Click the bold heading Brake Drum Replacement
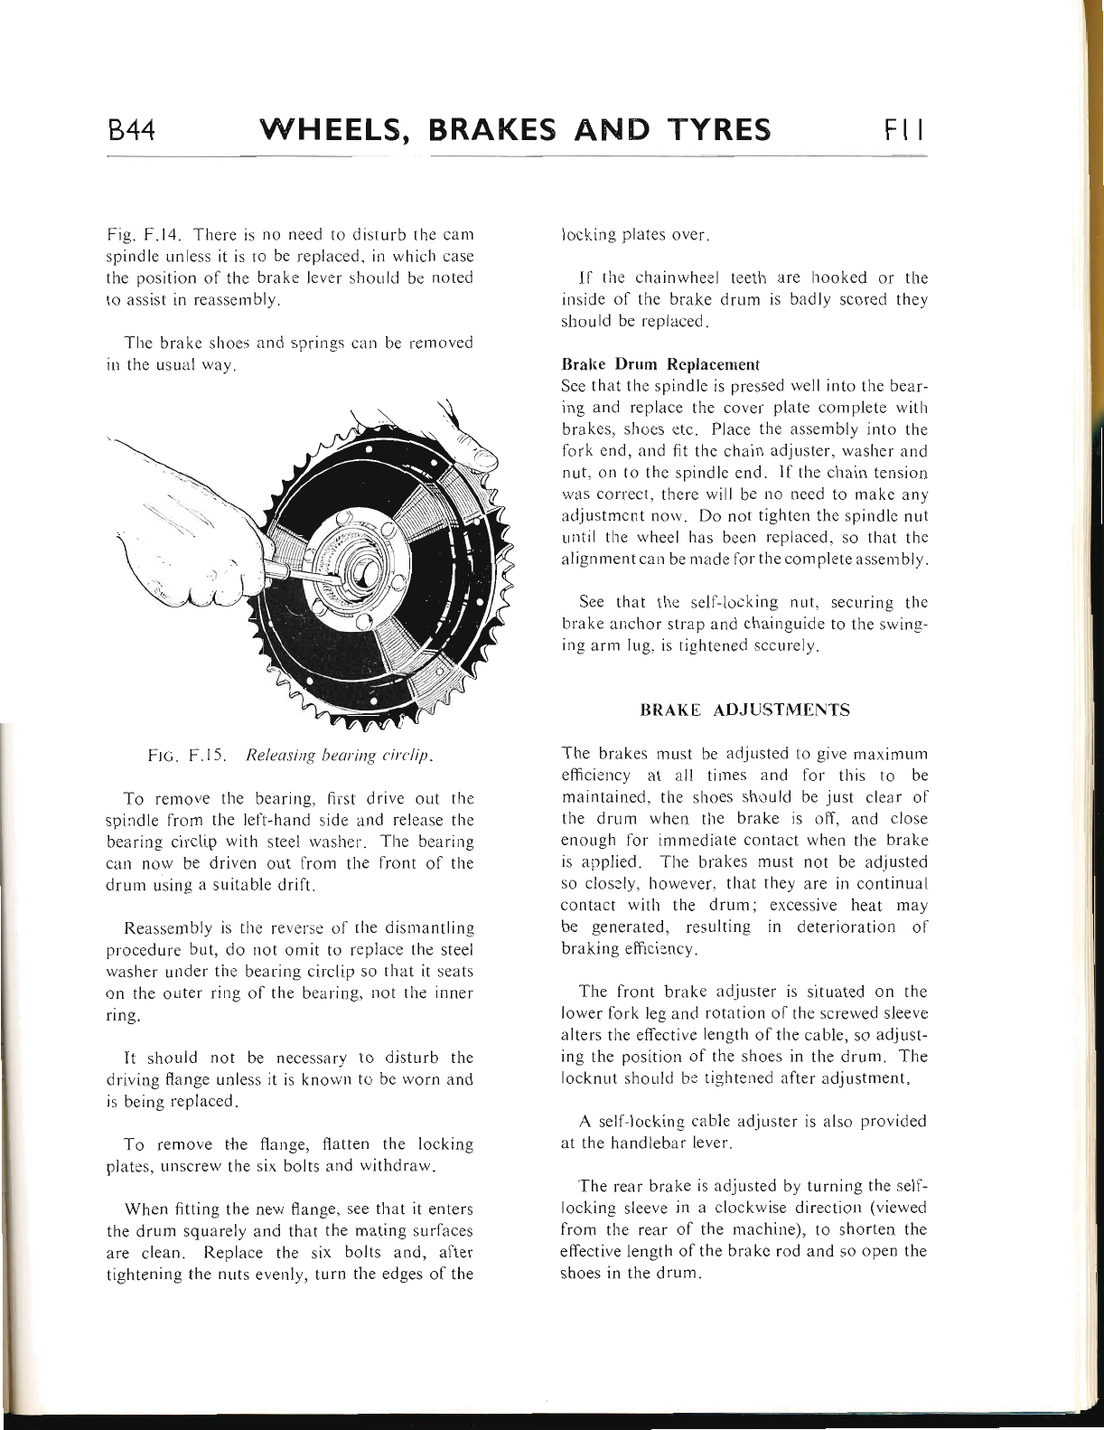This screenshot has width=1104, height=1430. (x=660, y=364)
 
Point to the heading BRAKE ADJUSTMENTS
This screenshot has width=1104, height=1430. (x=744, y=710)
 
